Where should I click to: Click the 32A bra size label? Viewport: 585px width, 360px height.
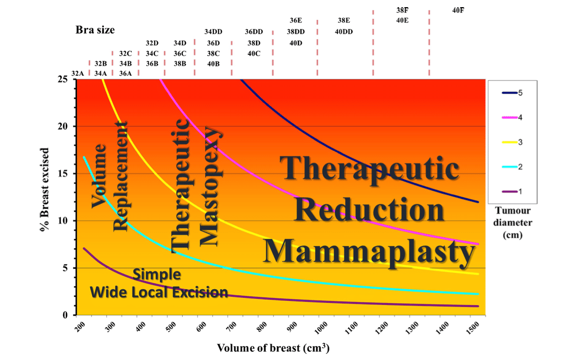click(x=78, y=73)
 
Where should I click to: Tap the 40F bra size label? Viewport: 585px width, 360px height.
click(x=458, y=10)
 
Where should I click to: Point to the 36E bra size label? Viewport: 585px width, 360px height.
click(x=295, y=21)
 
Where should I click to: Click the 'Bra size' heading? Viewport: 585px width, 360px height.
click(x=95, y=30)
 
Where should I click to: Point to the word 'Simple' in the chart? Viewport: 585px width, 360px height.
click(x=157, y=275)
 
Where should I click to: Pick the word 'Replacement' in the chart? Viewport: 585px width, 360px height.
click(x=120, y=176)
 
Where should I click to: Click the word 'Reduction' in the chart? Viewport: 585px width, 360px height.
click(x=370, y=210)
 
